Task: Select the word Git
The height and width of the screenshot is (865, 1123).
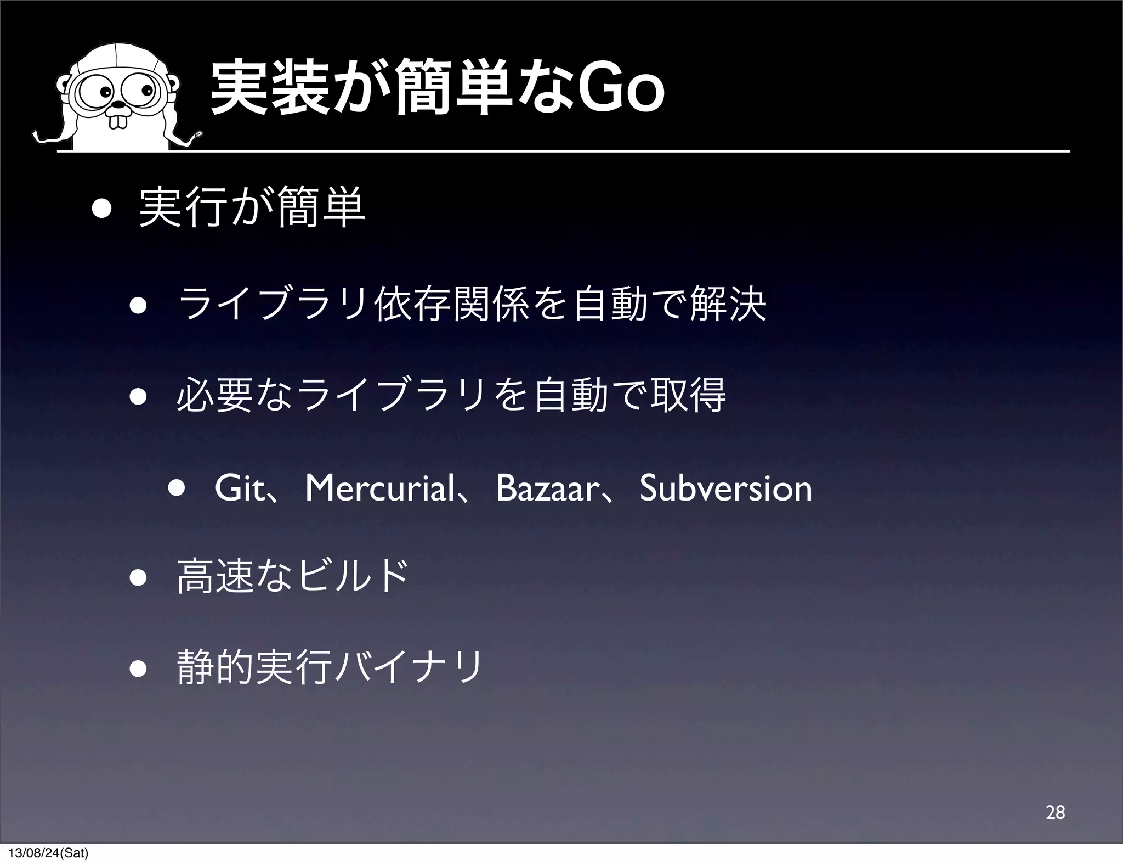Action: (x=239, y=488)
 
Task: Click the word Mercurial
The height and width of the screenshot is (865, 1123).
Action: (x=378, y=488)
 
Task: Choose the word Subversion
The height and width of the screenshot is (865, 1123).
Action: (x=725, y=488)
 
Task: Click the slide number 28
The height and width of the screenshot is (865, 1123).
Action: (x=1055, y=812)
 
